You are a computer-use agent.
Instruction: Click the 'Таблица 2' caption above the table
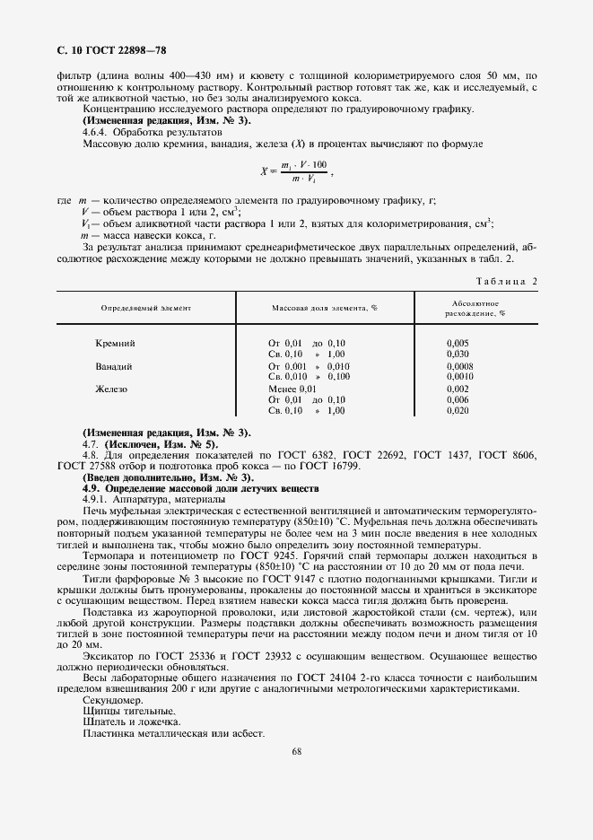(x=507, y=281)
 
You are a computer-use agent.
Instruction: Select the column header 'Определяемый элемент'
(x=145, y=308)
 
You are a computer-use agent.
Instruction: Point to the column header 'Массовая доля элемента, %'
(x=324, y=308)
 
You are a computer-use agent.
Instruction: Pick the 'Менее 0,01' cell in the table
(x=292, y=389)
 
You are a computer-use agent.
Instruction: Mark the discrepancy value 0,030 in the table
(x=458, y=354)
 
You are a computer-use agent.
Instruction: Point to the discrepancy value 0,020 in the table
(x=458, y=410)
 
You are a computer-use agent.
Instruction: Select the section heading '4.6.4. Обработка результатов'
(x=145, y=131)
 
